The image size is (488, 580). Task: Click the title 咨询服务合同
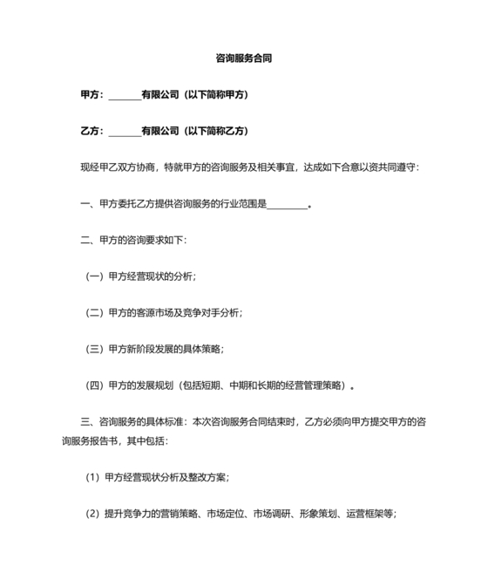(x=244, y=59)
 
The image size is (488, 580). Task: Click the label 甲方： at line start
(x=93, y=95)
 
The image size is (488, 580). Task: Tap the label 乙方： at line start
(x=93, y=132)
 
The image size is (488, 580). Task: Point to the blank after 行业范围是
(x=288, y=205)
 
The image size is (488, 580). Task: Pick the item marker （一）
(x=96, y=276)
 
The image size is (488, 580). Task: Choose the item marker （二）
(x=96, y=312)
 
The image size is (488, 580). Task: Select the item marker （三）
(x=96, y=349)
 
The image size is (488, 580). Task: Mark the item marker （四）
(x=96, y=385)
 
